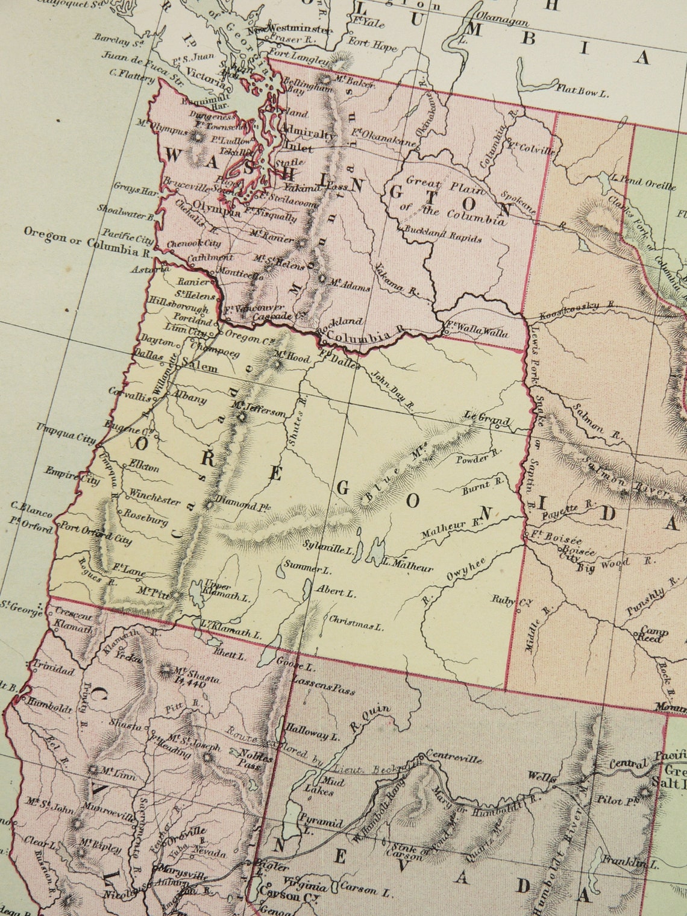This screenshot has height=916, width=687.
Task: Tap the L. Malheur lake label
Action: tap(408, 566)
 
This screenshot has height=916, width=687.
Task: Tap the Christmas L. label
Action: tap(356, 625)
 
